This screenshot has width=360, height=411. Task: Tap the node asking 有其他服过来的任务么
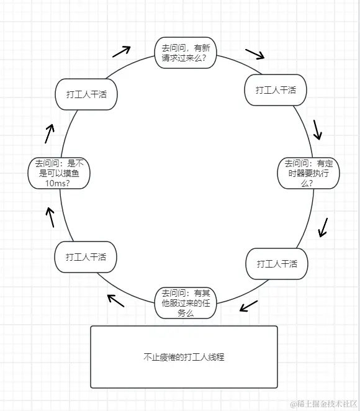click(x=186, y=303)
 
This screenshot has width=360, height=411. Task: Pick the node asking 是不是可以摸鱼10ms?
click(x=59, y=173)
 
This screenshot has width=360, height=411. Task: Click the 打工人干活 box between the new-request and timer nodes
click(x=276, y=90)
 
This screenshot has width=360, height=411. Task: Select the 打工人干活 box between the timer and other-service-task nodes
click(x=277, y=263)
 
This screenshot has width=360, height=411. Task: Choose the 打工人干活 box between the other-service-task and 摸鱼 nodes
click(x=86, y=257)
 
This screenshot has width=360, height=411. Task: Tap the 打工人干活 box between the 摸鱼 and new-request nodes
click(x=86, y=94)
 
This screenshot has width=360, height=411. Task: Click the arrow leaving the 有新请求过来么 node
click(x=254, y=53)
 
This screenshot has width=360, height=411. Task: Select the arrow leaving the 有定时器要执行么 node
click(x=323, y=227)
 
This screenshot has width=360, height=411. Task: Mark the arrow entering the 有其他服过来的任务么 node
click(x=248, y=305)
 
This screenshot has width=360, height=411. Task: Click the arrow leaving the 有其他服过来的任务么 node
click(x=115, y=300)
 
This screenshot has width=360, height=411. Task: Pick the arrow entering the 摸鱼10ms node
click(x=50, y=217)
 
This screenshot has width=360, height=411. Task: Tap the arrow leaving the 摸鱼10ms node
click(x=49, y=133)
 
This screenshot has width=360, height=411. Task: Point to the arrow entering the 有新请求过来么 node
click(x=122, y=50)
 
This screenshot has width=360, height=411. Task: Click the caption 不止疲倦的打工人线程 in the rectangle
click(x=184, y=357)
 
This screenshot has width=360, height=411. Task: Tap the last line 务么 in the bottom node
click(x=186, y=314)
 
